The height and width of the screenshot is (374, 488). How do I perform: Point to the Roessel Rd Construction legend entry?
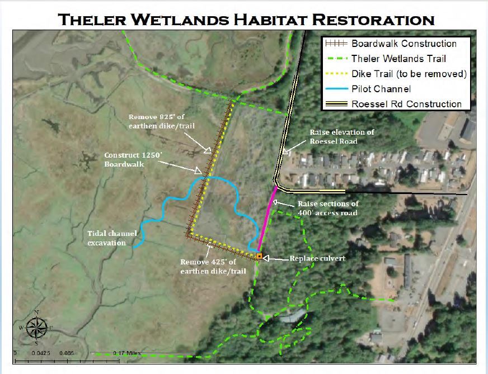(406, 103)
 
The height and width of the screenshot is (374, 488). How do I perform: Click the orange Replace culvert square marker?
(259, 257)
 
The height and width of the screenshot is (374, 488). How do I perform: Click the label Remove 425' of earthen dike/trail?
(213, 266)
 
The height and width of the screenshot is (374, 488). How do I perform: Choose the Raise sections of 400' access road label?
(327, 208)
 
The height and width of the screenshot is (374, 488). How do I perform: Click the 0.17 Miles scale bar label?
(126, 353)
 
